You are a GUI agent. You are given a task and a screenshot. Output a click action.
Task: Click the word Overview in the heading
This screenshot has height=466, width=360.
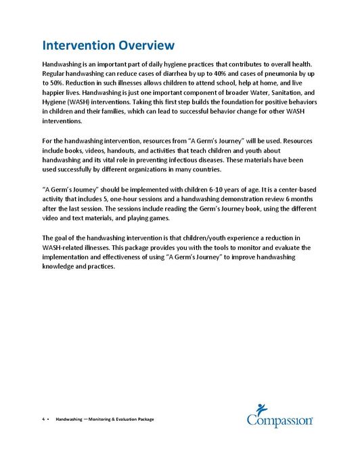coord(144,46)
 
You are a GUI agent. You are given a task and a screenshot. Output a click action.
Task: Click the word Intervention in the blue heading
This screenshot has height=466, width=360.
coord(76,46)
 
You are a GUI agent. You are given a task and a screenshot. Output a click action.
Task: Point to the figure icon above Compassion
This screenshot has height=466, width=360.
coord(260,408)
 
